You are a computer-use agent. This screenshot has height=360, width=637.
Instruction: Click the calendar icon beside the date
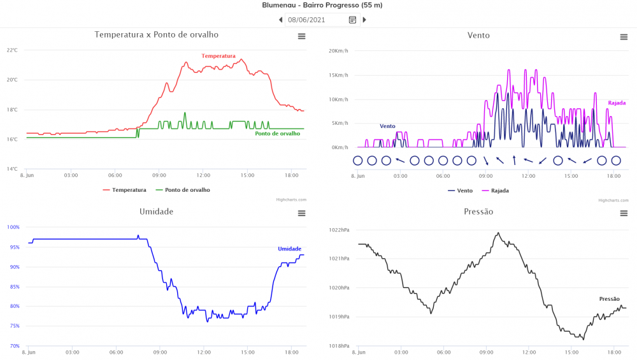coord(352,20)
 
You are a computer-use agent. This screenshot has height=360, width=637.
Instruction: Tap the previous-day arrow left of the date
coord(281,20)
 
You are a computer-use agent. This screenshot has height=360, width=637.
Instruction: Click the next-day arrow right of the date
coord(364,20)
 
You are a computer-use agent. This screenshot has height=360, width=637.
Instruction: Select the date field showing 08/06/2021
coord(315,20)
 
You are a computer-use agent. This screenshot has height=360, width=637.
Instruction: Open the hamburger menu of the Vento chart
coord(624,37)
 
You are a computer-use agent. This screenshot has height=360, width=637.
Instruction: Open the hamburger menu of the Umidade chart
coord(301,213)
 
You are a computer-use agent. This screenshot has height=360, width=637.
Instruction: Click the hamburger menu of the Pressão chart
coord(624,213)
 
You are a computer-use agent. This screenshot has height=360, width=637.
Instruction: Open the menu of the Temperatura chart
coord(301,37)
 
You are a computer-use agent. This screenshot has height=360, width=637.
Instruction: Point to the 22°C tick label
coord(12,50)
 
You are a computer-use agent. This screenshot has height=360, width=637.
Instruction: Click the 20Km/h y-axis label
coord(338,51)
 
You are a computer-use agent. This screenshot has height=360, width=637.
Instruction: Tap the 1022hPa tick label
coord(339,229)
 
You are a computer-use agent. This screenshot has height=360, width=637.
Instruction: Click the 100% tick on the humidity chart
coord(13,227)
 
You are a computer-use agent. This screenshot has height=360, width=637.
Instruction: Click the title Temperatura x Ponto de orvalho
coord(156,35)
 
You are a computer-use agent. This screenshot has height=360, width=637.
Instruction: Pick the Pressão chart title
coord(478,212)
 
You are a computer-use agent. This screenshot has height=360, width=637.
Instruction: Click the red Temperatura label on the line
coord(218,56)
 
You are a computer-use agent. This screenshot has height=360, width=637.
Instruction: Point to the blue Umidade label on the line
coord(289,248)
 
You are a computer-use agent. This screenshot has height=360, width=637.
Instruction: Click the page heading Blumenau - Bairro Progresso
coord(322,5)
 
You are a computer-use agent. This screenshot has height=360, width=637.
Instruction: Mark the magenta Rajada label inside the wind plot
coord(617,103)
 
